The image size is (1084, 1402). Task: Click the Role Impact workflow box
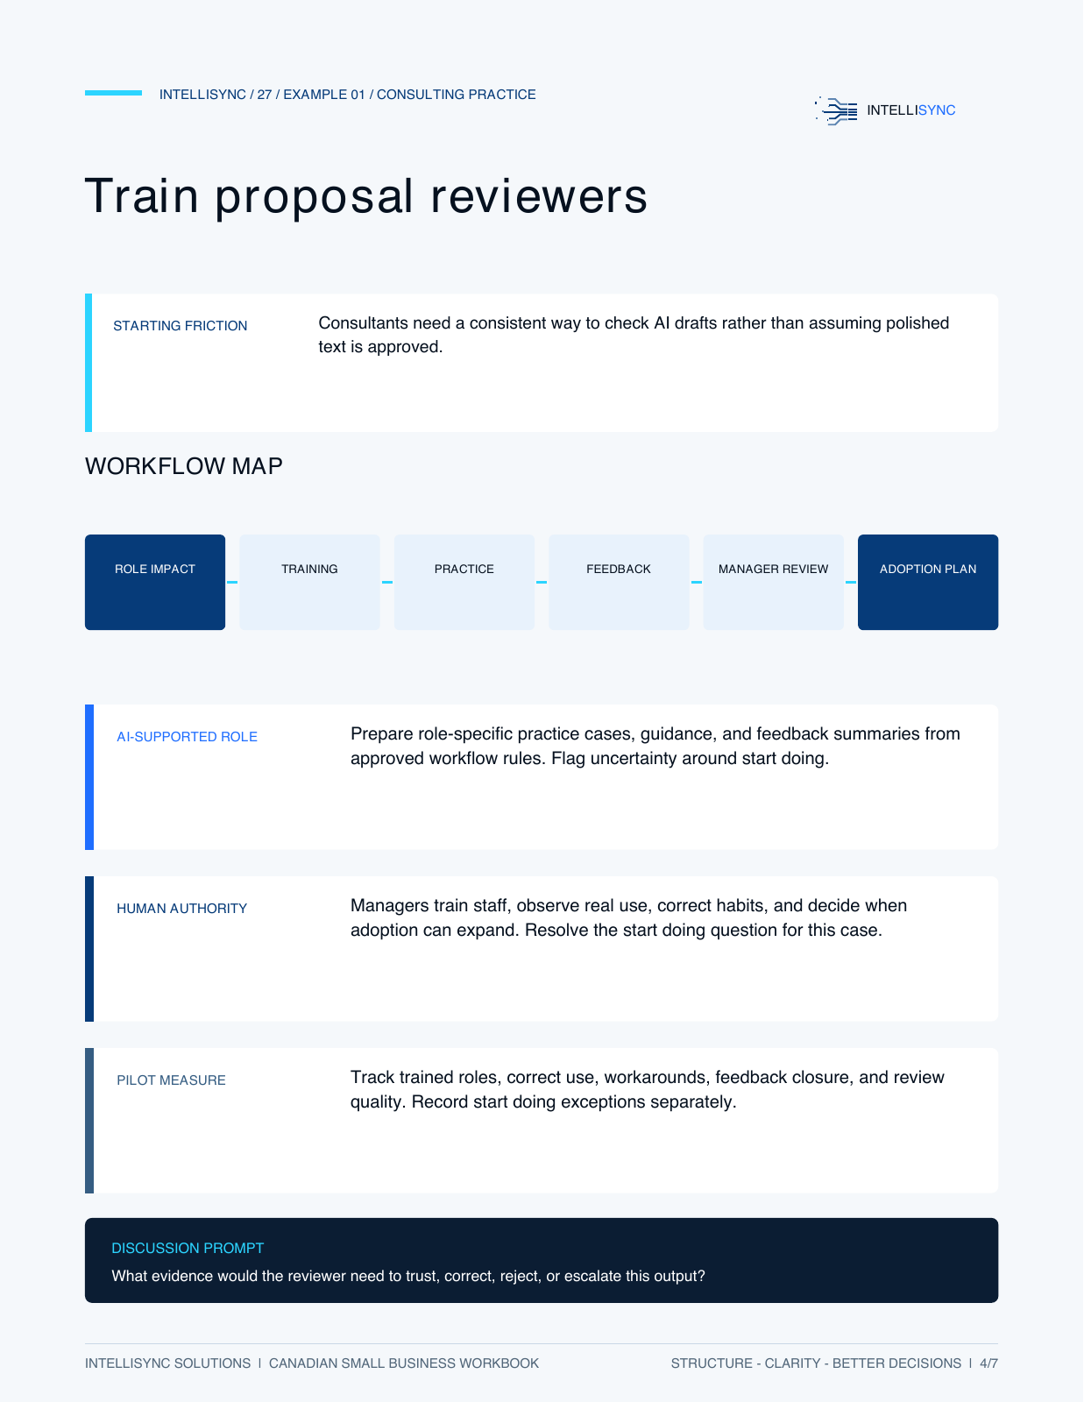155,582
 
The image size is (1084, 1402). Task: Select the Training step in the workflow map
309,582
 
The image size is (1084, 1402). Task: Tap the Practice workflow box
464,582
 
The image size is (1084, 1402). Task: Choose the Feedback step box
619,582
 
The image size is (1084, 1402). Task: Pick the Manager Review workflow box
773,582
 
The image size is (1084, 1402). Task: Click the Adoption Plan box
928,582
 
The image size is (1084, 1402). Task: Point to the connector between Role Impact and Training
232,582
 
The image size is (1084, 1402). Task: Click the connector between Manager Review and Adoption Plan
851,582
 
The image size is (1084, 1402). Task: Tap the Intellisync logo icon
836,110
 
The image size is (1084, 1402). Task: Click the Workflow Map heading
184,466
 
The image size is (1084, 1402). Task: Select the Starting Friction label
180,326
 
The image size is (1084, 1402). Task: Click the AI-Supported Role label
188,737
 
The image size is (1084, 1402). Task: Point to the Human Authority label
182,909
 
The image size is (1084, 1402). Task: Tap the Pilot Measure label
171,1080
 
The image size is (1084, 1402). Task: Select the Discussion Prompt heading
188,1248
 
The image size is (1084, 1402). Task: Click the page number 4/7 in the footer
988,1363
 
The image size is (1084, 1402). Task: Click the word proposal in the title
314,198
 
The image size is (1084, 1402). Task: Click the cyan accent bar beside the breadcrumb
114,93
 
